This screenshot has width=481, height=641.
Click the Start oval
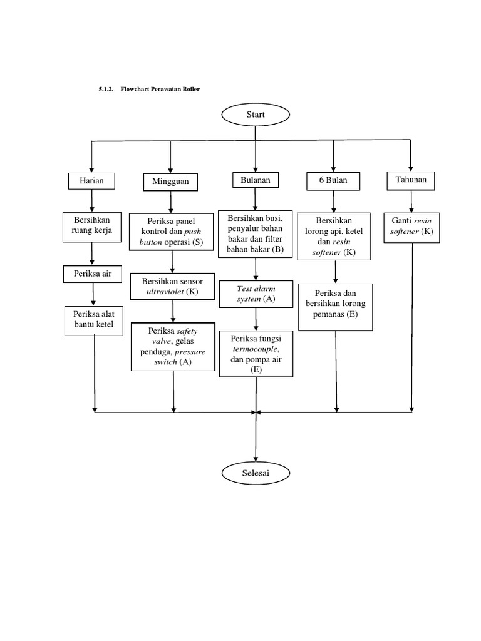click(255, 115)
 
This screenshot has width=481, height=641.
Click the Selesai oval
click(255, 473)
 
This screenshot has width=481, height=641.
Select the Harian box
click(92, 181)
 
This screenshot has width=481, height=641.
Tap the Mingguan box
click(170, 182)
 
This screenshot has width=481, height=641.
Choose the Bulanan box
click(255, 180)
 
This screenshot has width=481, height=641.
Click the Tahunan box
click(411, 180)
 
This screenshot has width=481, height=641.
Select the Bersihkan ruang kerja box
click(92, 227)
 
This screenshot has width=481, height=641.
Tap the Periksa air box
click(92, 274)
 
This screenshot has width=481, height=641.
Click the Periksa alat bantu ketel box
click(95, 320)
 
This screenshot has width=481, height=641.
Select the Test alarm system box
click(256, 294)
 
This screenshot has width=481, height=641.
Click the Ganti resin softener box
click(411, 227)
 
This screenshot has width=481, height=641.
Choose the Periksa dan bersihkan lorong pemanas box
click(336, 307)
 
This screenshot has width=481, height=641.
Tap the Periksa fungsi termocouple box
click(256, 354)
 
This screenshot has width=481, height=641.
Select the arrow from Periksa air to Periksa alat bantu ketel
click(93, 294)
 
